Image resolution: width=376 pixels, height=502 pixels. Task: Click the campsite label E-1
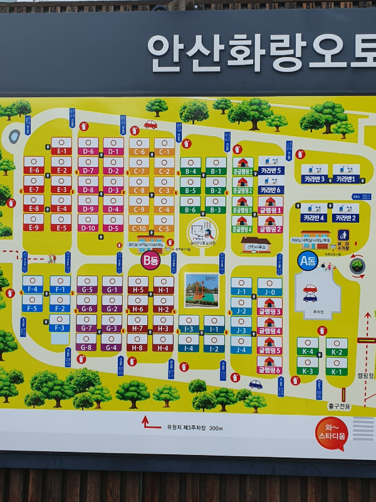[61, 151]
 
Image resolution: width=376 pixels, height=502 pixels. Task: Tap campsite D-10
[88, 228]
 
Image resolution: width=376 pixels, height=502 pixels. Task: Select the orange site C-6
[139, 152]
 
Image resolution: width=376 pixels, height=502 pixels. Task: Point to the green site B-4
[191, 171]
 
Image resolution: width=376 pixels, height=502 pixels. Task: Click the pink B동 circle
[150, 259]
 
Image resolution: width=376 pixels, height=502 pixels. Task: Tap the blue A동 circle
[307, 260]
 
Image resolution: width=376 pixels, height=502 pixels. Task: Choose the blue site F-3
[60, 328]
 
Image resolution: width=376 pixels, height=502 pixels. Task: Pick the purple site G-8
[86, 346]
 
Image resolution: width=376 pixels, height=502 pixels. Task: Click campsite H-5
[138, 290]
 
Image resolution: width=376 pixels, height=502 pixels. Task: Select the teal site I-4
[189, 348]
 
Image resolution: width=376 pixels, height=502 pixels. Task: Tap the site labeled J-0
[269, 292]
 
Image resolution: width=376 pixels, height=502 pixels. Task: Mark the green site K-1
[337, 371]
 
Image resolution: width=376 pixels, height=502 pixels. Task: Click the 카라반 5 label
[271, 170]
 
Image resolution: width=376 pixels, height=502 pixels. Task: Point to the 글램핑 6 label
[269, 370]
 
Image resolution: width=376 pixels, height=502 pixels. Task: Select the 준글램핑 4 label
[243, 229]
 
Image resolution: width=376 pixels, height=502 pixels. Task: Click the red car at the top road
[150, 124]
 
